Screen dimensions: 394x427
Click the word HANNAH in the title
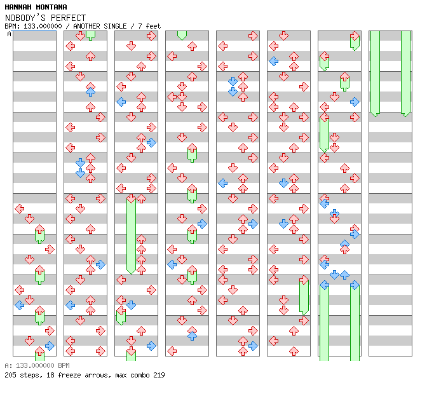(18, 7)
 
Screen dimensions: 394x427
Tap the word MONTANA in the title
(51, 7)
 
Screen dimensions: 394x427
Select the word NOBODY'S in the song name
(25, 18)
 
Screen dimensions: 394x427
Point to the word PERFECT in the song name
(68, 18)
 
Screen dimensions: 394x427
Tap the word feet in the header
(153, 26)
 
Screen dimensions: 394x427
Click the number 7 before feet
(140, 26)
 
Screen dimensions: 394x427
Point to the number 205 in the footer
(10, 375)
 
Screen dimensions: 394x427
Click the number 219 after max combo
(158, 375)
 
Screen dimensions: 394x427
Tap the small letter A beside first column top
(9, 34)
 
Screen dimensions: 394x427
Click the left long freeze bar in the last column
(375, 72)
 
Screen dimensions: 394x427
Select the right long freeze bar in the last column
(405, 72)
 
